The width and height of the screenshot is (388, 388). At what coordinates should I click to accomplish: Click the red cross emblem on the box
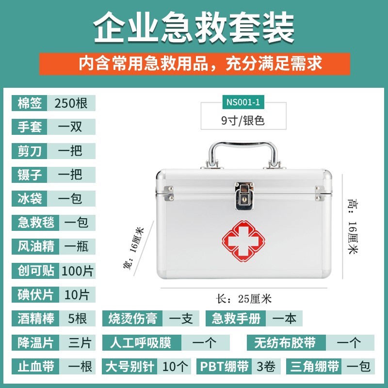coord(245,240)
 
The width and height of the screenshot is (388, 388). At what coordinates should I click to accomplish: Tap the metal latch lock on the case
coord(244,196)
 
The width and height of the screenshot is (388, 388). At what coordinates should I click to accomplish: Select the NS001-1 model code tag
coord(242,102)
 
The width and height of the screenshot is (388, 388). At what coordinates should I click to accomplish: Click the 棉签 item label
coord(29,103)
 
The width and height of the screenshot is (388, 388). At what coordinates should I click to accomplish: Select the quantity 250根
coord(71,103)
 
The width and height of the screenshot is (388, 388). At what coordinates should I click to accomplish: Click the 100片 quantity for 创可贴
coord(77,271)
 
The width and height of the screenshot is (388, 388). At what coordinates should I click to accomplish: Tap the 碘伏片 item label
coord(35,294)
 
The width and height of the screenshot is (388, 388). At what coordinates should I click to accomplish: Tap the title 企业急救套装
coord(194,28)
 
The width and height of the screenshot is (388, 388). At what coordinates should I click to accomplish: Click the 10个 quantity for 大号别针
coord(177,366)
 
